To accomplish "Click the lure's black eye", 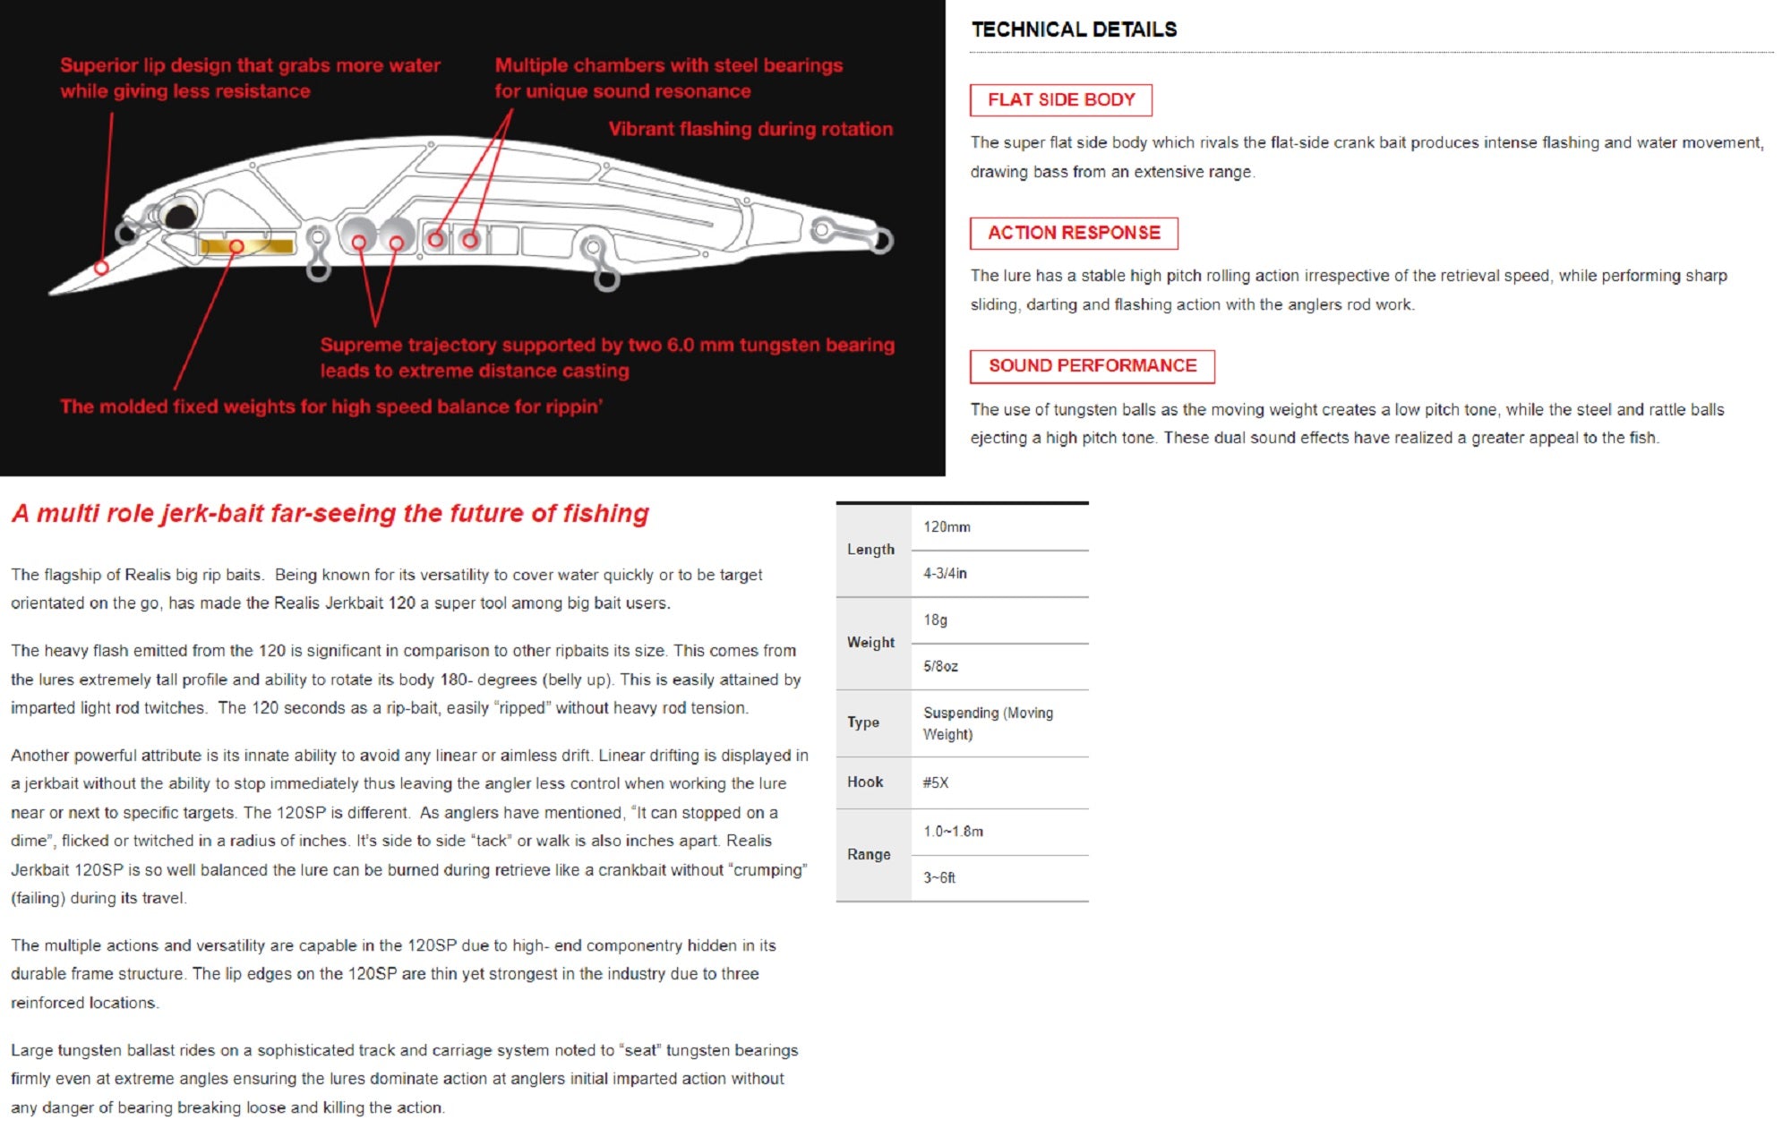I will [x=181, y=216].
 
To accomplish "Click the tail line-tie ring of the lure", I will [x=881, y=239].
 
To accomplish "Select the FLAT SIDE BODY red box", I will [x=1060, y=100].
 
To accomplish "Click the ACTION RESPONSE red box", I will [x=1073, y=233].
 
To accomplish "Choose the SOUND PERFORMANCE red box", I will [x=1092, y=366].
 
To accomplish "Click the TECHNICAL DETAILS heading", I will [x=1074, y=30].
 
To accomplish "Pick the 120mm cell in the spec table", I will [x=947, y=527].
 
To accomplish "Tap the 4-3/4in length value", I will [x=945, y=574].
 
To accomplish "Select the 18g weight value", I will [x=935, y=620].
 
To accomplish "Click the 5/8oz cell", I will [x=940, y=667].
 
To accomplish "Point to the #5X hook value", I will [x=935, y=782].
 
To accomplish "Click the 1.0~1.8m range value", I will [x=953, y=832].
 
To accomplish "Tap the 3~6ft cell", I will [x=939, y=878].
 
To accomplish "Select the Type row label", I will [x=863, y=722].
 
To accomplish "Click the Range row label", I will [x=869, y=855].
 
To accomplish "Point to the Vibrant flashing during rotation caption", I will [x=750, y=129].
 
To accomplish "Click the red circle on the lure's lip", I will [x=102, y=268].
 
